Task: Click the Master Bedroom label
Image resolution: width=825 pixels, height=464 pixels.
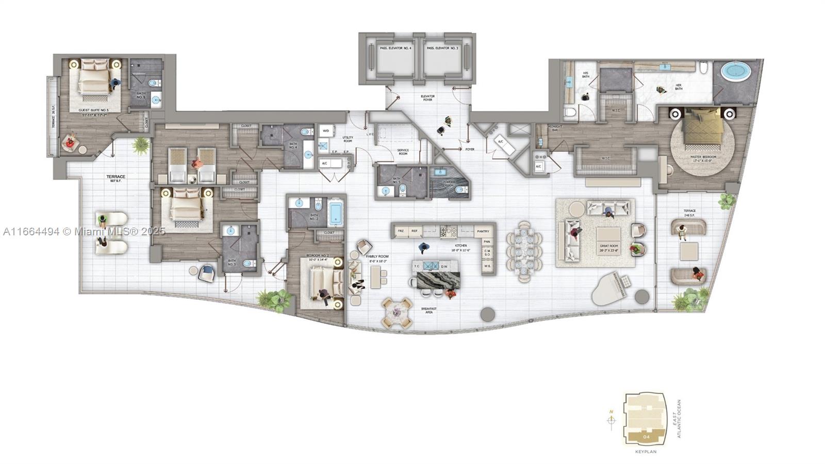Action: point(703,158)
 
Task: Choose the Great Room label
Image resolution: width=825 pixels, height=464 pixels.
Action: point(608,247)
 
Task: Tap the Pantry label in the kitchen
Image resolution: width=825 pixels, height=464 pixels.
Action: point(483,231)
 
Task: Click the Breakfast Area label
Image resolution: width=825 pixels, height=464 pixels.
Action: point(429,311)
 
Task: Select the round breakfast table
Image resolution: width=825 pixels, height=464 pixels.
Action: point(397,312)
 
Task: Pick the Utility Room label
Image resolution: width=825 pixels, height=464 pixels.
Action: point(348,139)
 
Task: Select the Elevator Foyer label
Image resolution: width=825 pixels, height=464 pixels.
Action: point(427,98)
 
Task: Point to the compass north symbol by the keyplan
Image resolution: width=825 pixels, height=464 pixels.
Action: point(612,419)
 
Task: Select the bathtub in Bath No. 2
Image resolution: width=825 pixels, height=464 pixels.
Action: point(335,214)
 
